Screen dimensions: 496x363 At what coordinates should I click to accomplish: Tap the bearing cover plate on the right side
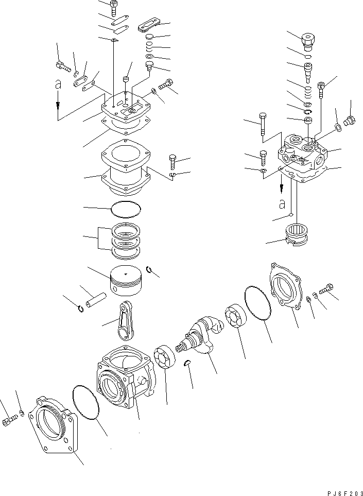click(x=289, y=288)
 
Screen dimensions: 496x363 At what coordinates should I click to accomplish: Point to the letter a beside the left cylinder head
click(x=58, y=83)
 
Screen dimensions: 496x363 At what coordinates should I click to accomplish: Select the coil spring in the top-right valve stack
click(x=307, y=93)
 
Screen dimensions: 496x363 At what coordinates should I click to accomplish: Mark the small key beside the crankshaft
click(x=188, y=363)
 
